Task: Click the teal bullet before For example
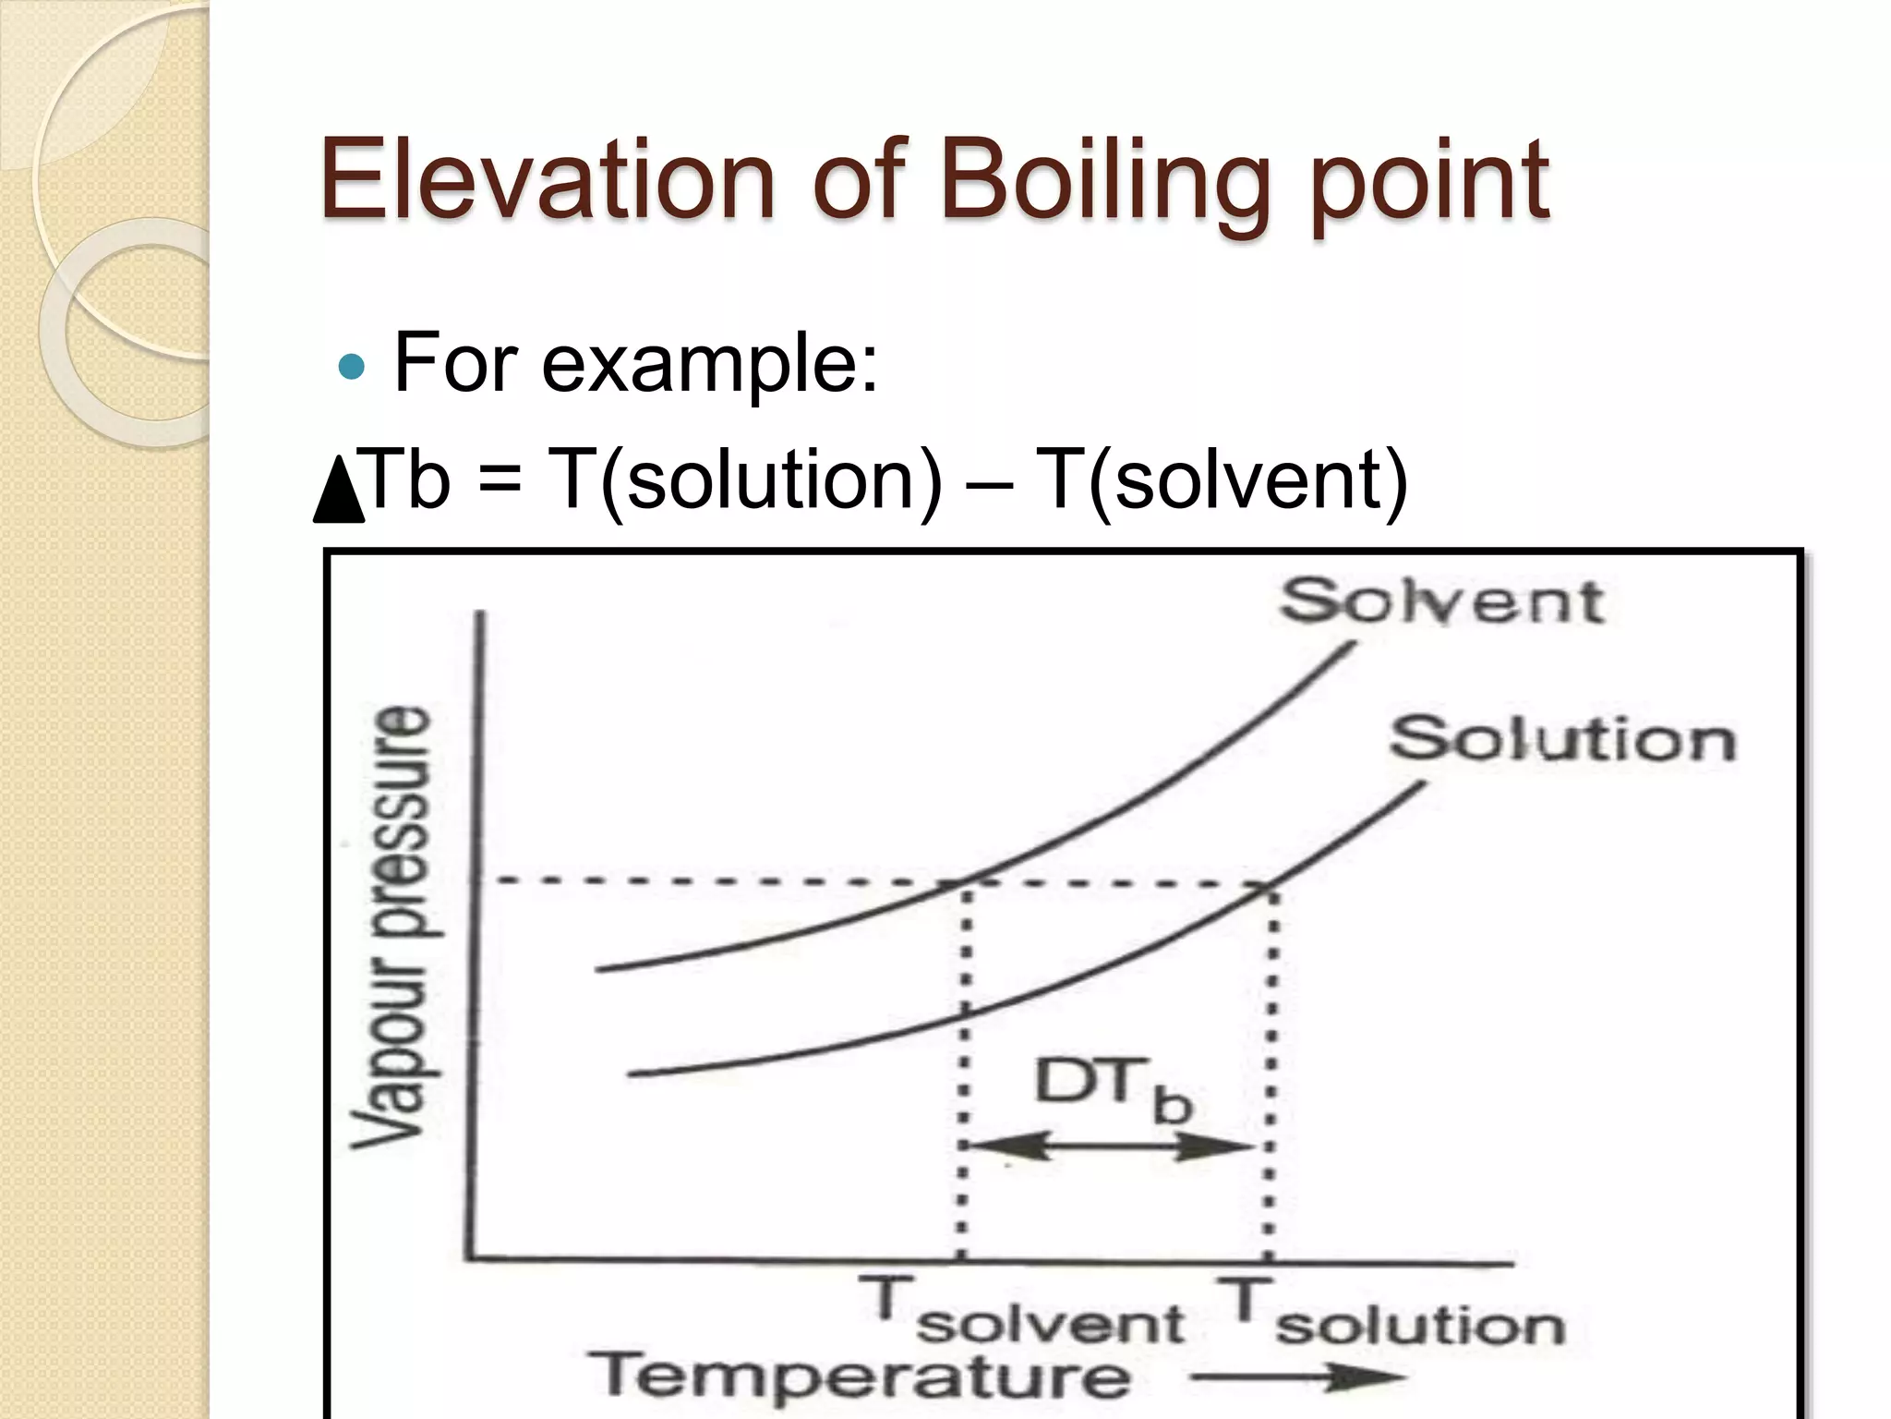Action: tap(352, 368)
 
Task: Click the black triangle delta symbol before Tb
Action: tap(339, 490)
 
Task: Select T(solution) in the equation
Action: tap(744, 480)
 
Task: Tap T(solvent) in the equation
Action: tap(1221, 480)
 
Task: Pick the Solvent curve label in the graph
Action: tap(1441, 602)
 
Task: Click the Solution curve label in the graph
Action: tap(1562, 741)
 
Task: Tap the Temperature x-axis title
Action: tap(860, 1376)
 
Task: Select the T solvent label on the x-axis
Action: tap(1021, 1312)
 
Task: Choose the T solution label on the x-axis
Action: tap(1390, 1312)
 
